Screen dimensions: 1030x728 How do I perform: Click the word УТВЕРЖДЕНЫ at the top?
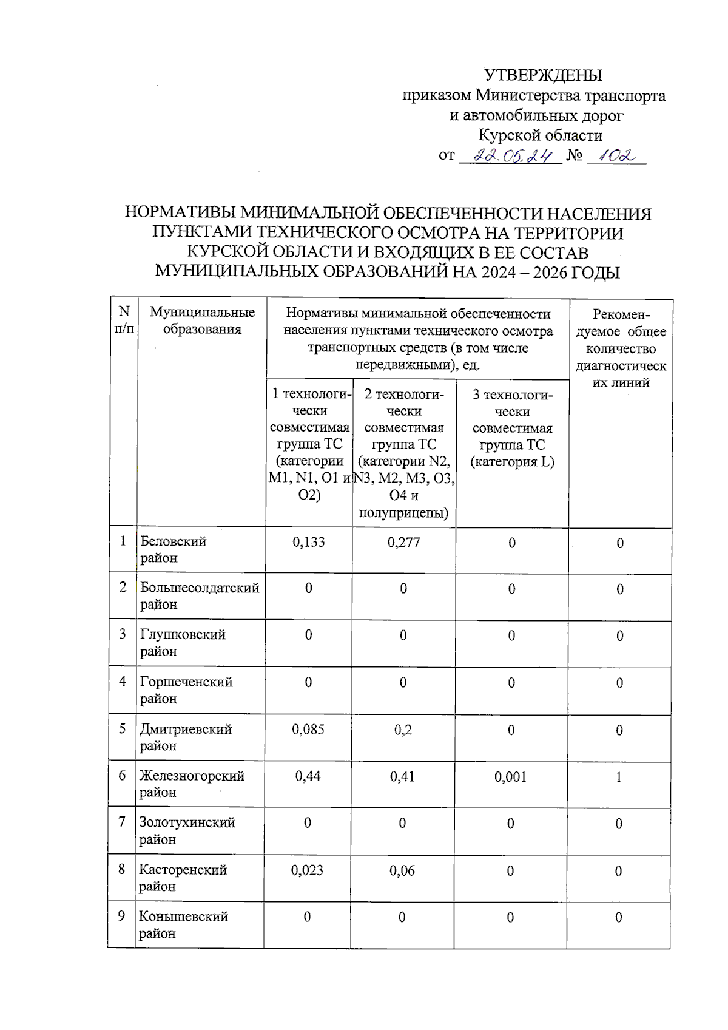point(542,75)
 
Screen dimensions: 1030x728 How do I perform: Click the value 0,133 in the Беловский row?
point(308,542)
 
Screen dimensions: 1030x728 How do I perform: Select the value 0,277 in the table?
point(403,542)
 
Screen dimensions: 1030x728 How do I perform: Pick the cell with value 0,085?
point(308,730)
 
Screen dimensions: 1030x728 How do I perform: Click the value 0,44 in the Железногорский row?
point(308,776)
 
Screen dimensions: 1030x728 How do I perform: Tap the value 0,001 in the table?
point(510,777)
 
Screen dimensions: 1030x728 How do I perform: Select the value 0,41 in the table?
point(402,776)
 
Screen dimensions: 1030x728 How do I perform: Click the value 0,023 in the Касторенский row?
point(307,870)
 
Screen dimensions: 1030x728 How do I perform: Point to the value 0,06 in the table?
point(402,870)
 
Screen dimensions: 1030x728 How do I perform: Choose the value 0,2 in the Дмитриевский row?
point(403,730)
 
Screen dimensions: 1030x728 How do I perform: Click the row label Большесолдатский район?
point(200,596)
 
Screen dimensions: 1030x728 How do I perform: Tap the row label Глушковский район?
point(183,643)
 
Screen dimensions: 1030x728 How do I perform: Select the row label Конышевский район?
point(183,924)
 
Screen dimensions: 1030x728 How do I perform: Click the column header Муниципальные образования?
point(202,320)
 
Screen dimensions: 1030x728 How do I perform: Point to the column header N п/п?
point(124,320)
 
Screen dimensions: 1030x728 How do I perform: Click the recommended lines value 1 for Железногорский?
point(619,777)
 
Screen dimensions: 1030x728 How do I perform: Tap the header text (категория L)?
point(512,462)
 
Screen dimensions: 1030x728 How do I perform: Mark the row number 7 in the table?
point(122,822)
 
